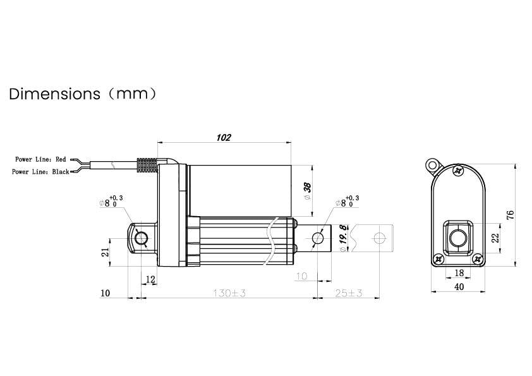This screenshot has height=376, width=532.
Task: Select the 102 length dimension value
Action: pos(224,137)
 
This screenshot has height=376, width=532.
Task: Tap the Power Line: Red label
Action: pos(40,160)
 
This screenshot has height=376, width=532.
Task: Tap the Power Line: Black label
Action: pos(40,172)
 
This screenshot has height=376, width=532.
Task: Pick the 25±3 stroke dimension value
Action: pos(348,293)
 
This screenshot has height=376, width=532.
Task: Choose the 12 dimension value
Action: pos(150,279)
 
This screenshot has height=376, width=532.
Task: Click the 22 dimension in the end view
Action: pos(495,238)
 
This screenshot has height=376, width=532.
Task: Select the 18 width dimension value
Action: pos(459,272)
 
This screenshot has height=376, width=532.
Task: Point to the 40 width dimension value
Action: pos(459,287)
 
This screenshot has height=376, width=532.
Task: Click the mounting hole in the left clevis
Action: pos(141,238)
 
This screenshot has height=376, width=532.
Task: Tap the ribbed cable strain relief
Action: pos(147,165)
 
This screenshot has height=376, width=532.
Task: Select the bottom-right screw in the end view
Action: pos(478,258)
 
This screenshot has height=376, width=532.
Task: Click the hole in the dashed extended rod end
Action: pos(380,238)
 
